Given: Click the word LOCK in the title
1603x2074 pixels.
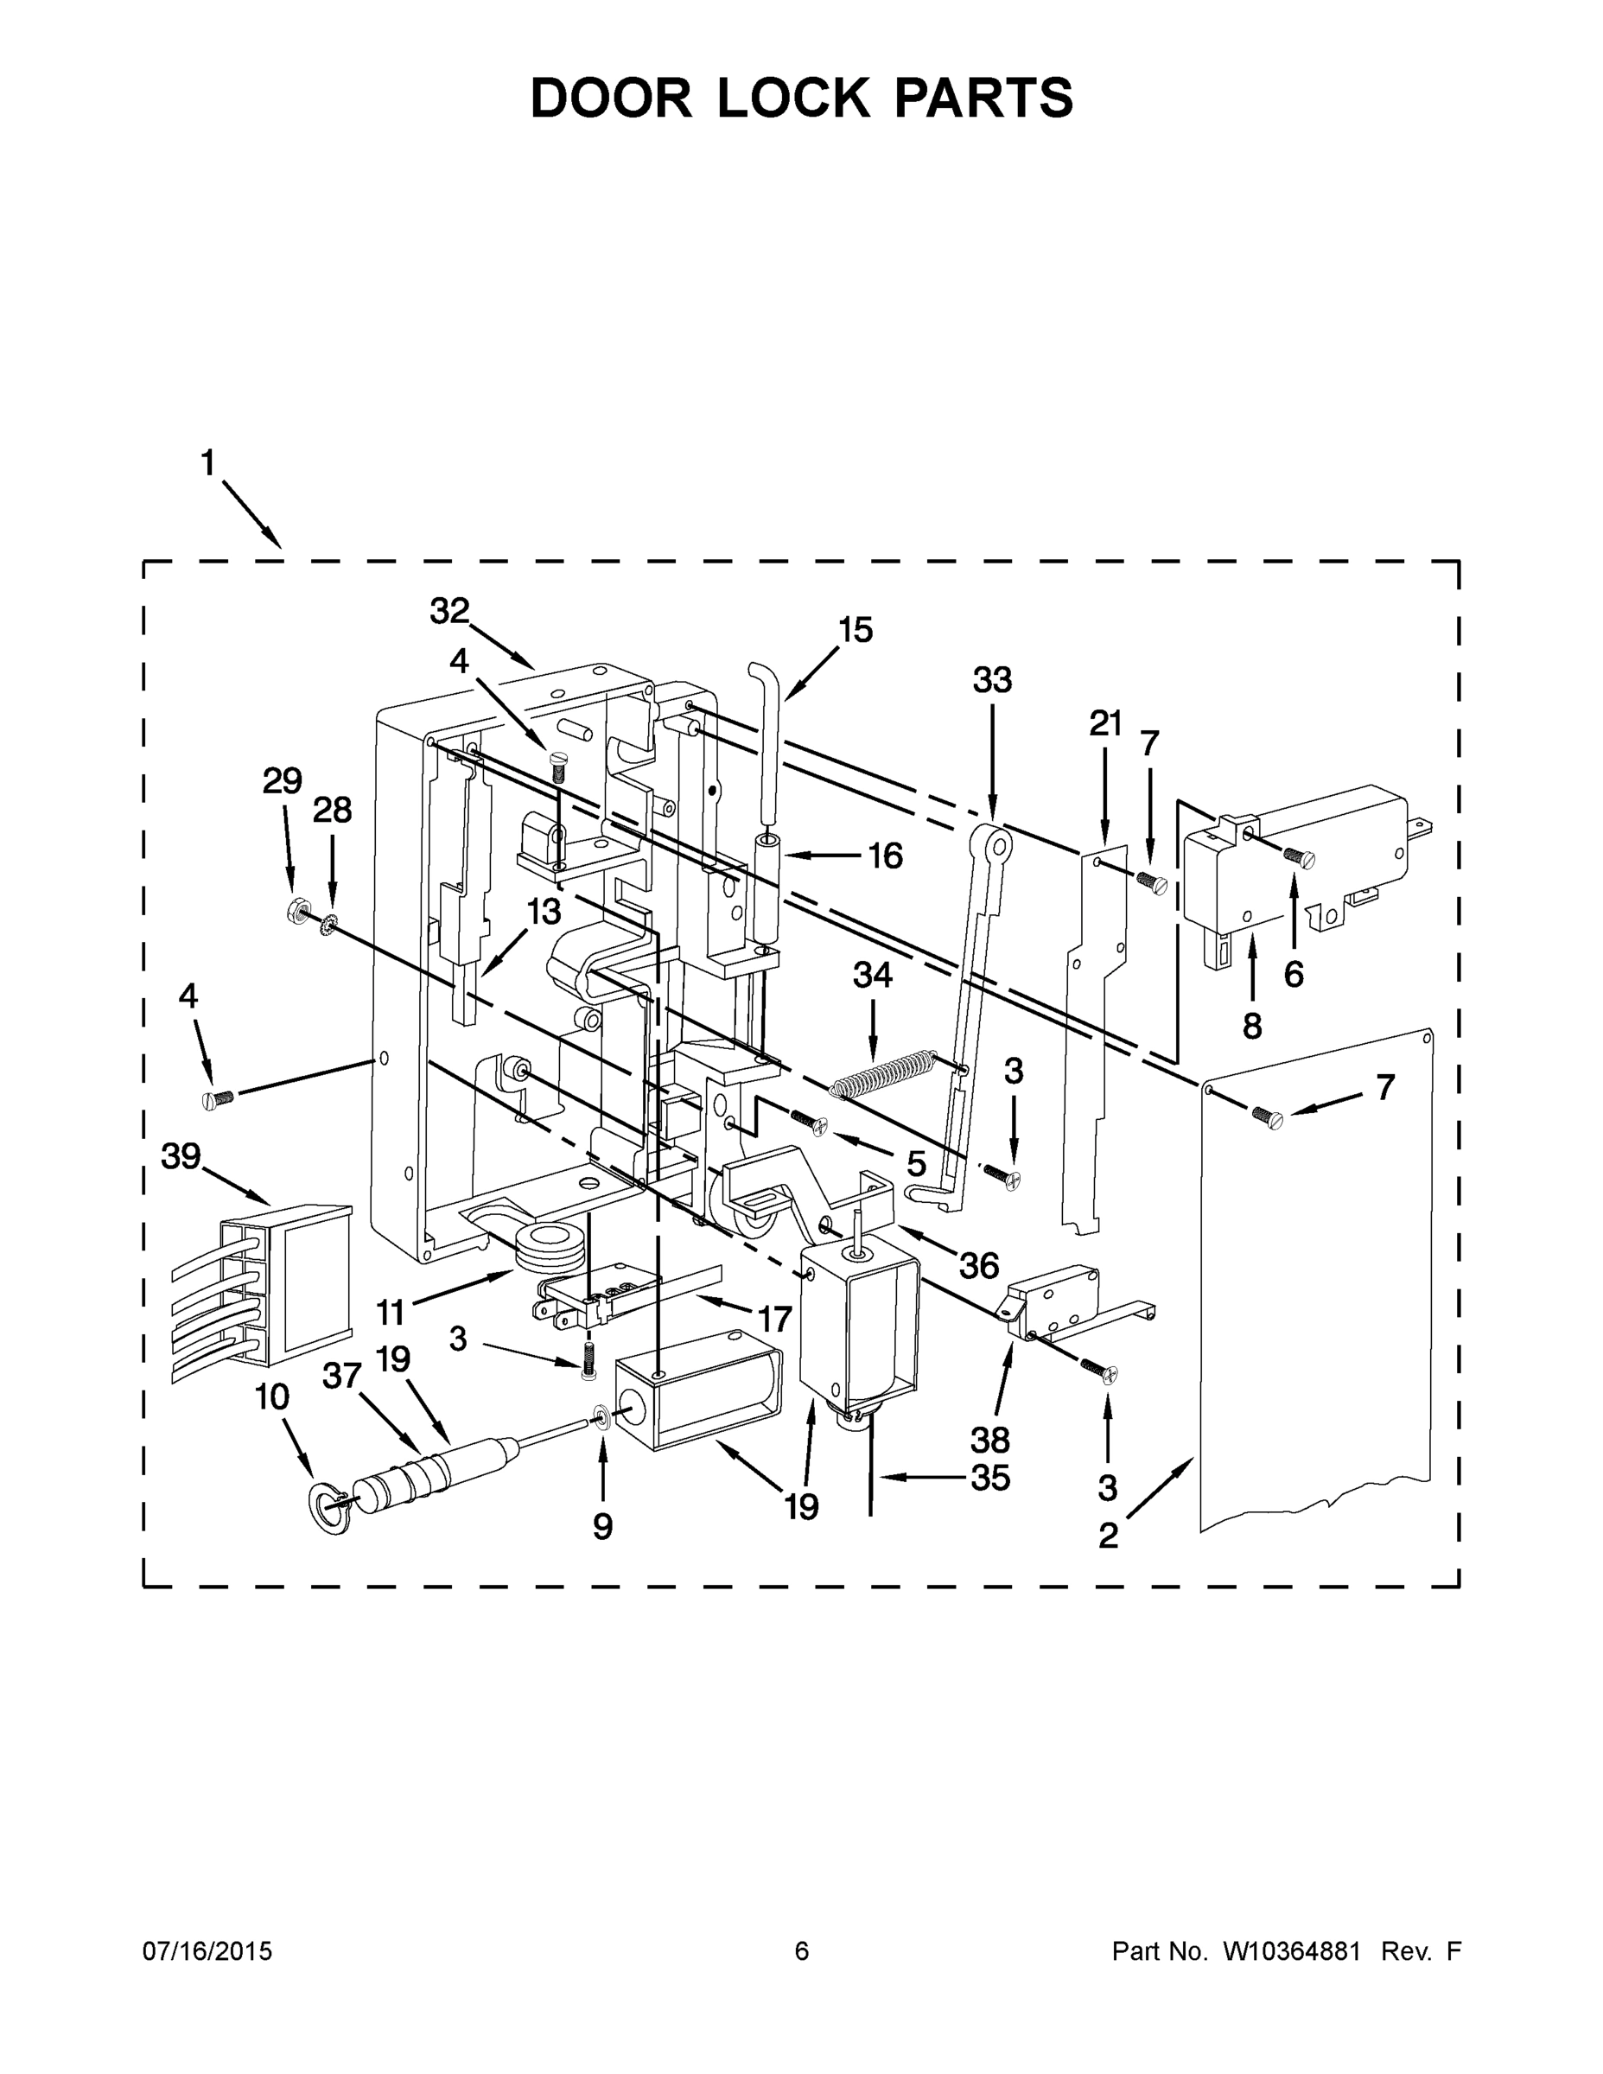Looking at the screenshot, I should [x=793, y=98].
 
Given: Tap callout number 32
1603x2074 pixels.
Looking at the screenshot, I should [x=449, y=612].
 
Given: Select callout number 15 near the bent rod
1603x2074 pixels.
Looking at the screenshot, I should [x=855, y=630].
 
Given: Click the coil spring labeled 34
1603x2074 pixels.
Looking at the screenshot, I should [x=883, y=1073].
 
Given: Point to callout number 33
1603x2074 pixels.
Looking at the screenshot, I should [x=992, y=680].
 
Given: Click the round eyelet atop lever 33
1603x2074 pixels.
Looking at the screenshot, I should [x=990, y=841].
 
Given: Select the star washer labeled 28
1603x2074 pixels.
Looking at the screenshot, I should [x=330, y=921].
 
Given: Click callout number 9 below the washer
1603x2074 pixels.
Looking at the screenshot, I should [x=602, y=1526].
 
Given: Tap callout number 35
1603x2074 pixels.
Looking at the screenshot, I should [x=989, y=1478].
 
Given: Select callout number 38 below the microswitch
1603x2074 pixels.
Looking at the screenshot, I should [x=989, y=1441].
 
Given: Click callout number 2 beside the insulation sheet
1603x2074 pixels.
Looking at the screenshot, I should [x=1108, y=1536].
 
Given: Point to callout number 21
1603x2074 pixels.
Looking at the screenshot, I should [x=1105, y=724].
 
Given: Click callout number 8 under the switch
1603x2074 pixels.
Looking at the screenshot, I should [x=1251, y=1025].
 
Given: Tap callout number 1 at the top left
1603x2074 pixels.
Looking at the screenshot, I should [x=208, y=464].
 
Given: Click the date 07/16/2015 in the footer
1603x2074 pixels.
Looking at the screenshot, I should [x=207, y=1951].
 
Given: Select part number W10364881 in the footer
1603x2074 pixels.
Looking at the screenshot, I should [x=1292, y=1951].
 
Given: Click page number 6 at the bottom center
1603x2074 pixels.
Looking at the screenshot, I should [x=802, y=1951].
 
